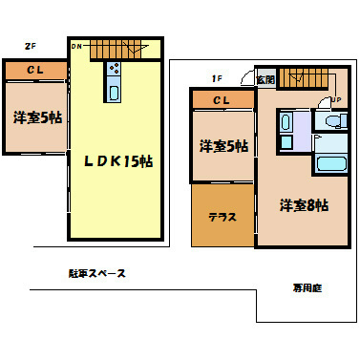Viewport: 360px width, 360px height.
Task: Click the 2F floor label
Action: pos(30,45)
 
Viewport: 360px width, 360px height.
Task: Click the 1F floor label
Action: pos(217,80)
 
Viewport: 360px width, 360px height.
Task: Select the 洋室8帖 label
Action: pos(305,204)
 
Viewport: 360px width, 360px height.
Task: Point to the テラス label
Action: pos(222,217)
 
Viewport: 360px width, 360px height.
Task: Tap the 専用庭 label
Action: pos(307,286)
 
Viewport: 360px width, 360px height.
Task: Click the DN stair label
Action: pos(76,45)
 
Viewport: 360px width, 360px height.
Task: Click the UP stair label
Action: pos(335,98)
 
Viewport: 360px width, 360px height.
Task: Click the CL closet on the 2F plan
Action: pos(34,70)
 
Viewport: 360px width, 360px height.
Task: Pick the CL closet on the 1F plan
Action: pos(221,99)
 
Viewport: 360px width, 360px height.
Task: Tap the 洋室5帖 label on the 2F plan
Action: pos(36,118)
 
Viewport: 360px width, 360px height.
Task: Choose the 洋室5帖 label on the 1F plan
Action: pos(223,146)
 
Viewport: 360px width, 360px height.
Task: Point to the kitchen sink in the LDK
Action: pos(115,93)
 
